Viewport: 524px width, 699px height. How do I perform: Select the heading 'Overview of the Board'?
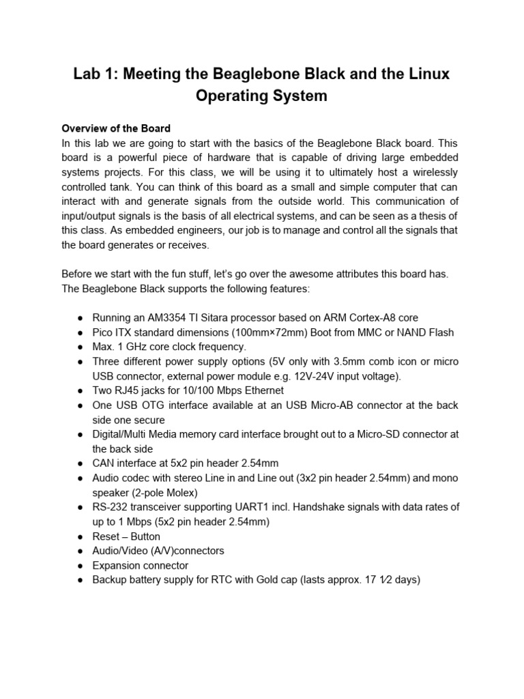[115, 128]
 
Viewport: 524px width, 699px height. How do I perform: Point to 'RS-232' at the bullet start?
[108, 507]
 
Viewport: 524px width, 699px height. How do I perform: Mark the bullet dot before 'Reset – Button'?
[81, 537]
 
